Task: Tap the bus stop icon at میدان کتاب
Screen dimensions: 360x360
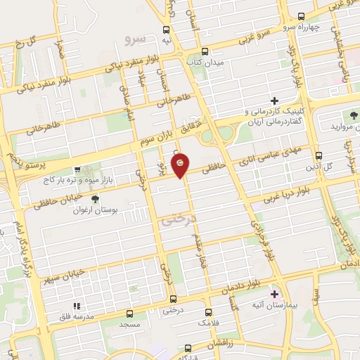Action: [205, 51]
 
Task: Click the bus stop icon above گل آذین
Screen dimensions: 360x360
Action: [319, 155]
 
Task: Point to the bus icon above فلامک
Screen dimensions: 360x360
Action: [208, 311]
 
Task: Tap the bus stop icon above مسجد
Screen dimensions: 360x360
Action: [129, 314]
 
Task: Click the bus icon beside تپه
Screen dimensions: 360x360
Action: [167, 30]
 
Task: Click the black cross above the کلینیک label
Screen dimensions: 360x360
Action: [274, 101]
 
